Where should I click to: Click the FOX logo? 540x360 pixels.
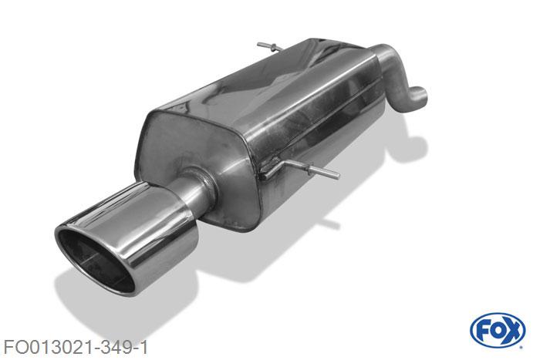[497, 331]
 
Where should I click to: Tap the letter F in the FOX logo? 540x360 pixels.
[483, 331]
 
